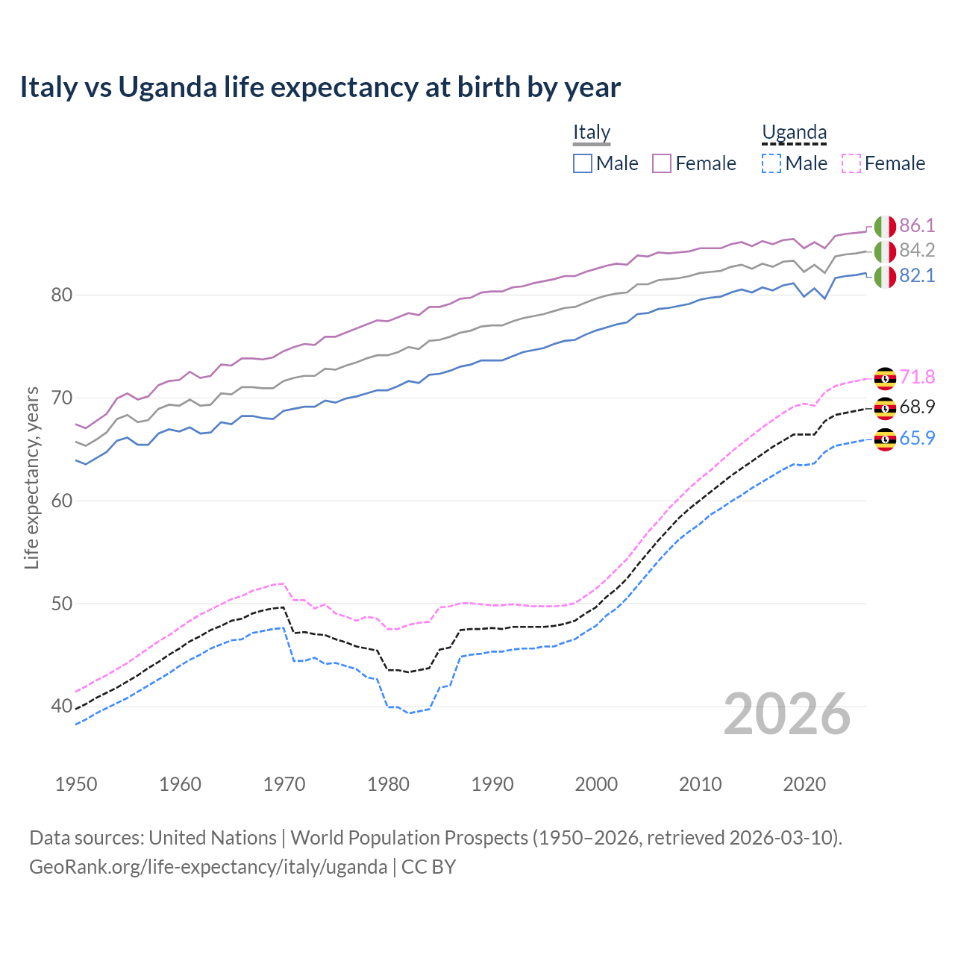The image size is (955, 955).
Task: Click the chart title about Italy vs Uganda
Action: pyautogui.click(x=320, y=87)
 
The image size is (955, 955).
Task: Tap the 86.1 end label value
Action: pyautogui.click(x=917, y=225)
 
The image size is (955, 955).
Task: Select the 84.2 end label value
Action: pyautogui.click(x=917, y=250)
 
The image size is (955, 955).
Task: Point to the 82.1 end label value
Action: pyautogui.click(x=917, y=275)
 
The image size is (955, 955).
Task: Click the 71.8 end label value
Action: pyautogui.click(x=917, y=377)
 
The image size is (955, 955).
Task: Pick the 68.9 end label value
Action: pyautogui.click(x=917, y=407)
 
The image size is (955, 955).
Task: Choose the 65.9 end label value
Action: pyautogui.click(x=917, y=438)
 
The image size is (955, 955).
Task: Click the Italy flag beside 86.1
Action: pyautogui.click(x=885, y=226)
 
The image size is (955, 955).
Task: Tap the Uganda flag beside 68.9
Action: pyautogui.click(x=885, y=408)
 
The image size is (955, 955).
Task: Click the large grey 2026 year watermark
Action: pyautogui.click(x=787, y=714)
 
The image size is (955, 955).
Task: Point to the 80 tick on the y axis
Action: pyautogui.click(x=62, y=295)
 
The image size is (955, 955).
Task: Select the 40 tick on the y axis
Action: pyautogui.click(x=62, y=706)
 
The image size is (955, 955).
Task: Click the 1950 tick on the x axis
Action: pyautogui.click(x=76, y=784)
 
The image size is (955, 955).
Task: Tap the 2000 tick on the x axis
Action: pyautogui.click(x=596, y=784)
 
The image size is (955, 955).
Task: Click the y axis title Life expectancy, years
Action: pyautogui.click(x=31, y=477)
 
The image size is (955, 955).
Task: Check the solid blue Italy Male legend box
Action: pyautogui.click(x=583, y=163)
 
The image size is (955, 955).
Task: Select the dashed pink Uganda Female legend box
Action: pyautogui.click(x=851, y=163)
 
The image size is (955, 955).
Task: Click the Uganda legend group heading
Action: pyautogui.click(x=794, y=133)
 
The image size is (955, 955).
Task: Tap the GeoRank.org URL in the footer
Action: pyautogui.click(x=208, y=867)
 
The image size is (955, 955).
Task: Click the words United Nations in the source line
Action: pyautogui.click(x=213, y=838)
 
